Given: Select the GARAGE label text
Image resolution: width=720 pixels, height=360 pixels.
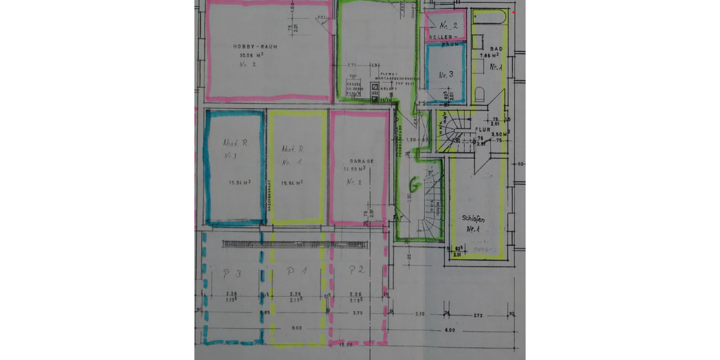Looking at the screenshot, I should click(x=362, y=161).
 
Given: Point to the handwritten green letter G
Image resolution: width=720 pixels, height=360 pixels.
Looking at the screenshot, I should click(x=413, y=183).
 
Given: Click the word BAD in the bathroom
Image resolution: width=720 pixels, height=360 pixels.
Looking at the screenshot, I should click(x=496, y=48).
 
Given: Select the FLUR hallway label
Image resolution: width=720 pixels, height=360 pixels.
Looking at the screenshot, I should click(x=484, y=129).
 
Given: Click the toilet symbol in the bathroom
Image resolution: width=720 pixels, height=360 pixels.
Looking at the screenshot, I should click(x=479, y=95).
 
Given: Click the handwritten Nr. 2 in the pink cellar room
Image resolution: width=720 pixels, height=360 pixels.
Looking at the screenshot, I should click(x=448, y=26).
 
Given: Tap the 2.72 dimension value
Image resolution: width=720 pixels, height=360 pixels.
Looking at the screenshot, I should click(x=478, y=314).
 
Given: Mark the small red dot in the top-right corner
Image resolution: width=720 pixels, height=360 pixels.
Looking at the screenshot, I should click(x=514, y=12).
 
